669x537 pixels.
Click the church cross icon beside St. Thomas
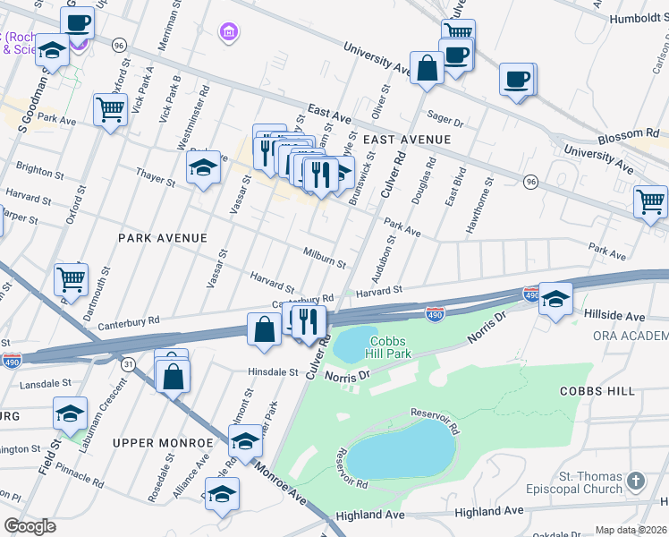[636, 482]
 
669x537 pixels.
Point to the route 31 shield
[129, 363]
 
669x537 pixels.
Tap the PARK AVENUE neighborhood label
[163, 238]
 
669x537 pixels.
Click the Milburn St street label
[324, 258]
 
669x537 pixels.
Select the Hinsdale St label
[273, 371]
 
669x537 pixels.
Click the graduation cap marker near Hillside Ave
[555, 299]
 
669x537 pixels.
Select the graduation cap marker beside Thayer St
[203, 167]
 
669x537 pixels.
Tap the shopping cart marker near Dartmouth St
[71, 277]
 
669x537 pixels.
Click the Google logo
[30, 526]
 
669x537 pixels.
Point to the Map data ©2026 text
[631, 530]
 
